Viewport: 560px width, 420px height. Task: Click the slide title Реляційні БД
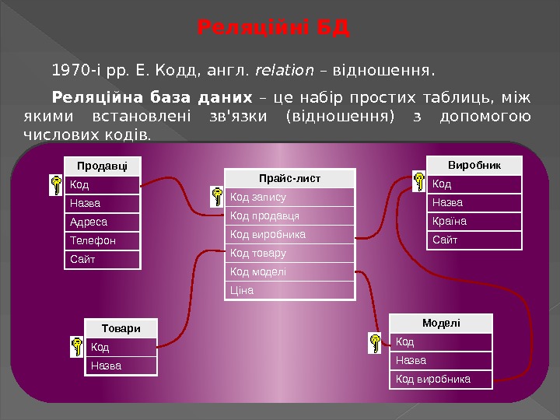tap(274, 30)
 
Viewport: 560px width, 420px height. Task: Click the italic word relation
tap(284, 72)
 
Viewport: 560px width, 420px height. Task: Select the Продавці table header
tap(103, 166)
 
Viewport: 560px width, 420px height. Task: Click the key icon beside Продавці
tap(56, 184)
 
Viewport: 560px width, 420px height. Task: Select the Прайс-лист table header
tap(289, 179)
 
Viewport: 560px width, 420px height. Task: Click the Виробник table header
tap(474, 166)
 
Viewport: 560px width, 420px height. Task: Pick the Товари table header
tap(121, 328)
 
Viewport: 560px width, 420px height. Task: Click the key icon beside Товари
tap(77, 346)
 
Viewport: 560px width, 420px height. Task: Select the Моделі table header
tap(441, 323)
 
